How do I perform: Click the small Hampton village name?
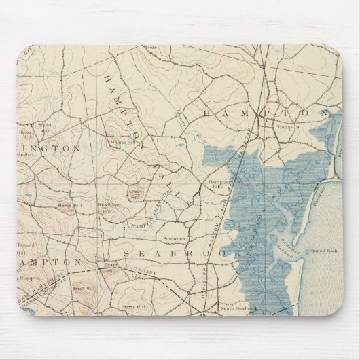(283, 126)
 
